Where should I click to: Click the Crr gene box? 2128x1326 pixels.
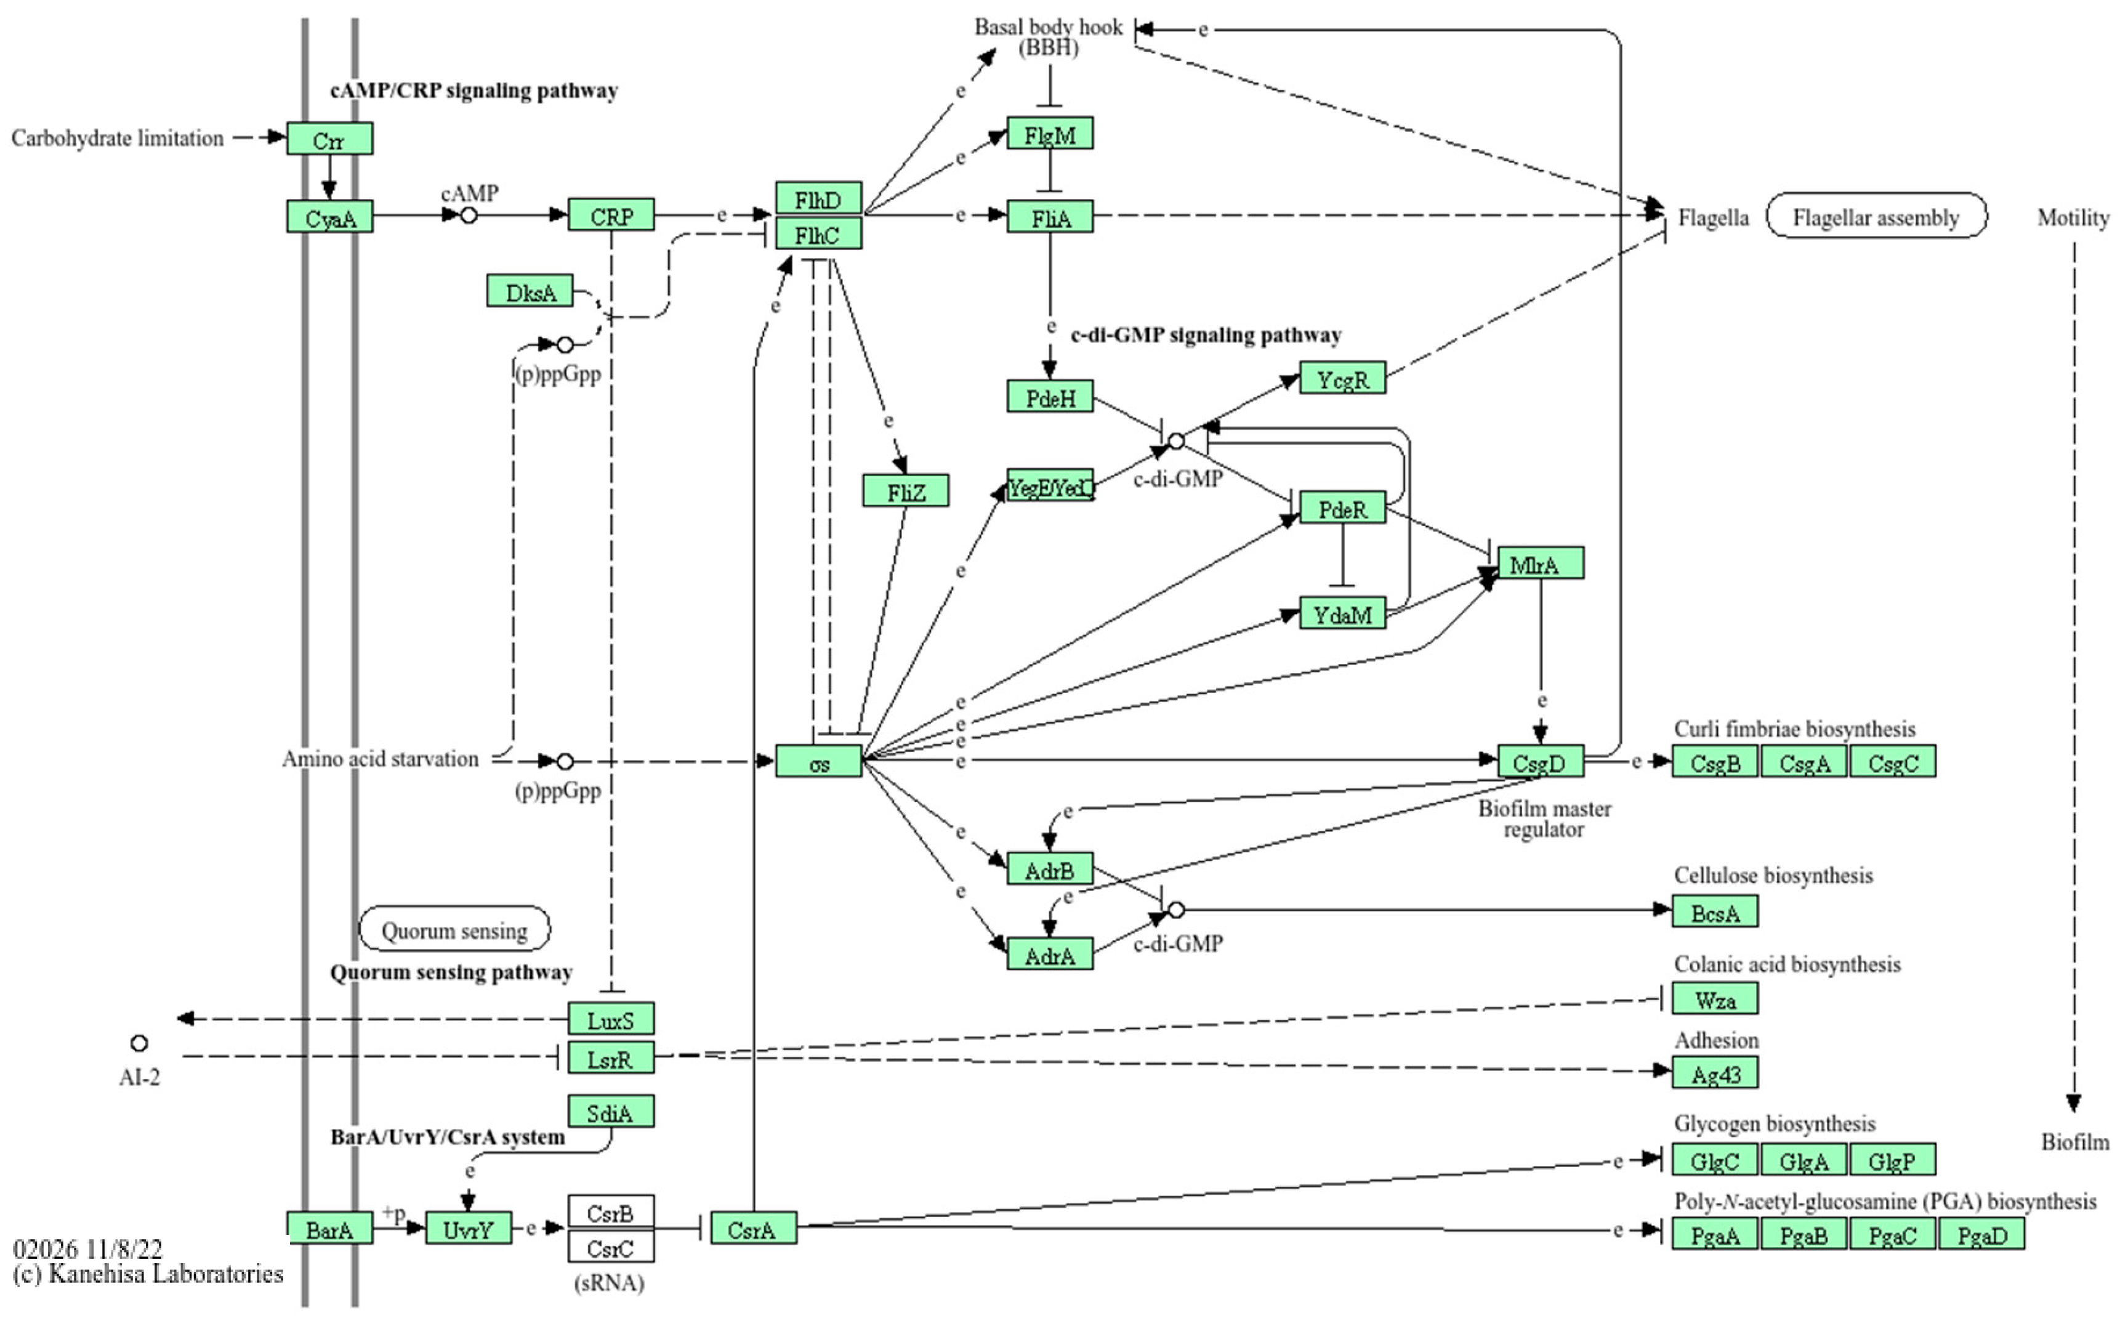pyautogui.click(x=329, y=139)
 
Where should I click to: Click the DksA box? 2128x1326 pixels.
pyautogui.click(x=530, y=291)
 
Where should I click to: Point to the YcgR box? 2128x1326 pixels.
pyautogui.click(x=1342, y=379)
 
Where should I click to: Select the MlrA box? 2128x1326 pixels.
pyautogui.click(x=1540, y=564)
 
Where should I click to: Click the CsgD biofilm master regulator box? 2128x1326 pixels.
pyautogui.click(x=1540, y=762)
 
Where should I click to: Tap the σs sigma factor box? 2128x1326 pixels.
pyautogui.click(x=818, y=762)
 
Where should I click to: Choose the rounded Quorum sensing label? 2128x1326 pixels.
pyautogui.click(x=454, y=929)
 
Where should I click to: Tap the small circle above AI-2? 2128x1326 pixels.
pyautogui.click(x=139, y=1043)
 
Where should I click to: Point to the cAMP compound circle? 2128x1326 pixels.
pyautogui.click(x=469, y=215)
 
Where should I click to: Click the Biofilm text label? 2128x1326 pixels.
pyautogui.click(x=2074, y=1142)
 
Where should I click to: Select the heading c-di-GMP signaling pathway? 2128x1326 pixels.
pyautogui.click(x=1206, y=335)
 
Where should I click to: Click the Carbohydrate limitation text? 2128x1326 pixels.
pyautogui.click(x=118, y=138)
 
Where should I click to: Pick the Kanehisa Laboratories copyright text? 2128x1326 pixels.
pyautogui.click(x=149, y=1274)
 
